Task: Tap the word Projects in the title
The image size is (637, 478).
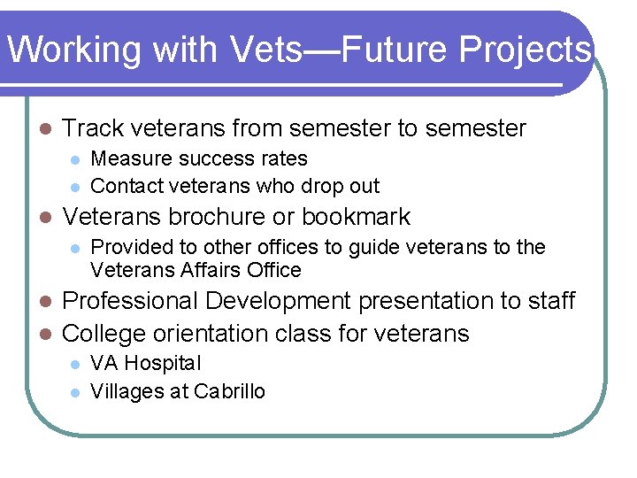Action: [x=525, y=50]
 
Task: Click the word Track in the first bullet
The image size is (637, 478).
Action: [x=91, y=129]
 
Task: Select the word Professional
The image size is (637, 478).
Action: [x=131, y=301]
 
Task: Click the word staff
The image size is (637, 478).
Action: [x=550, y=301]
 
